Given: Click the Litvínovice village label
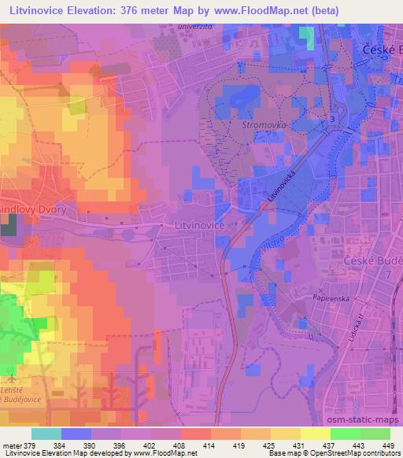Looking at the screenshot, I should (198, 225).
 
